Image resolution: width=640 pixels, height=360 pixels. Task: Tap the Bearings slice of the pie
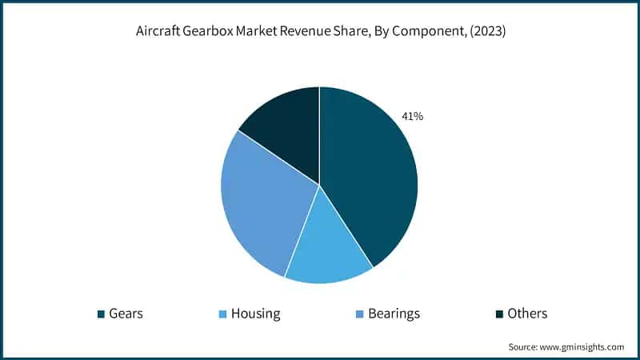coord(260,204)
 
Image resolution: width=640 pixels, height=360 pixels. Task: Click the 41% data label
coord(412,117)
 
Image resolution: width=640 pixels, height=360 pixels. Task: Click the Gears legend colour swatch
coord(101,314)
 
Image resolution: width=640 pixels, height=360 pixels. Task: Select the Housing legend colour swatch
coord(223,314)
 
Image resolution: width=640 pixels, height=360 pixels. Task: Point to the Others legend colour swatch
coord(499,314)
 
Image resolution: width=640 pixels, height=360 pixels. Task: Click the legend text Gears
coord(126,314)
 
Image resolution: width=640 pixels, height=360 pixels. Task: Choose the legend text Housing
coord(255,314)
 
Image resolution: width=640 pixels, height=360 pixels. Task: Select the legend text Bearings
coord(394,314)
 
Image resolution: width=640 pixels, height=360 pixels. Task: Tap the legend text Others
coord(527,314)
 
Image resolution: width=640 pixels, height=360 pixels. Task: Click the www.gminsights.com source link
coord(582,347)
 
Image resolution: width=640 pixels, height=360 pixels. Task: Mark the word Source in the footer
coord(523,347)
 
